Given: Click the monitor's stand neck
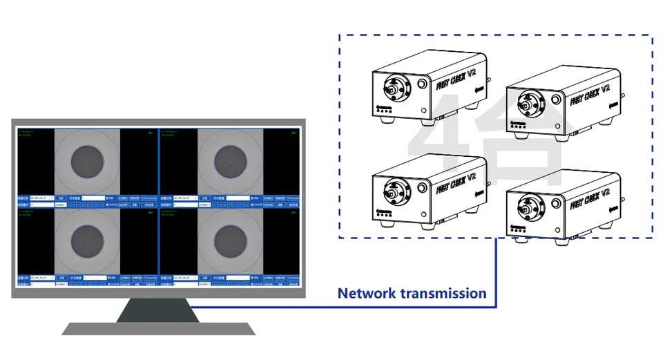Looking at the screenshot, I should [x=158, y=310].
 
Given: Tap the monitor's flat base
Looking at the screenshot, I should [x=158, y=328].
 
